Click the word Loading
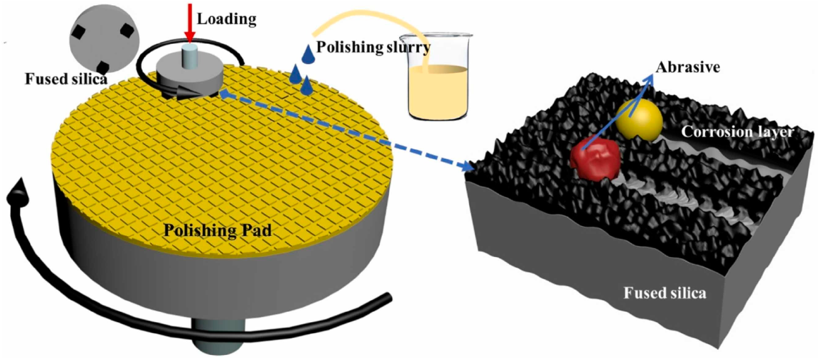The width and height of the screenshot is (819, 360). click(x=226, y=19)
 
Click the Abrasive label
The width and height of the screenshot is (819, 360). click(x=688, y=67)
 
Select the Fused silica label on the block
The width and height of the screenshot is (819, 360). click(x=665, y=293)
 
